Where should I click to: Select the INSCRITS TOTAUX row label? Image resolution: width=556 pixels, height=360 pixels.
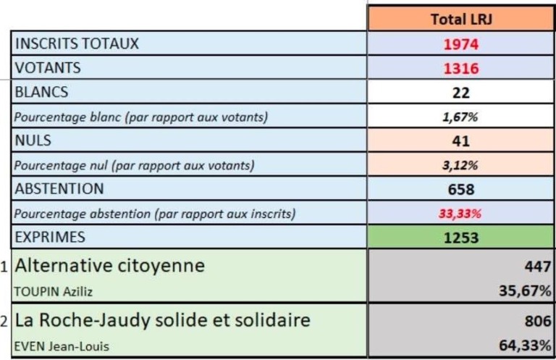(x=77, y=43)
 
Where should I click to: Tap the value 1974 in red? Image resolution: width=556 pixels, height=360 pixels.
(x=461, y=44)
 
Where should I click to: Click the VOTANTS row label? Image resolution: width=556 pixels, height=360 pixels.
(x=48, y=68)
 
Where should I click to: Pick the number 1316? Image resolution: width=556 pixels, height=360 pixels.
(x=461, y=69)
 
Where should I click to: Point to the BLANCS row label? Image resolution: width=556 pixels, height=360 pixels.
(x=42, y=93)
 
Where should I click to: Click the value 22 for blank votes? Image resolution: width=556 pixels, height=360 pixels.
(x=461, y=93)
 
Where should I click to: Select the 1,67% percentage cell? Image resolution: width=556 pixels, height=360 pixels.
(x=461, y=117)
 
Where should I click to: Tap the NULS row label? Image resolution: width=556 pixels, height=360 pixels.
(x=33, y=141)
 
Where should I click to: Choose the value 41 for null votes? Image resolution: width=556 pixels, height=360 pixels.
(x=461, y=141)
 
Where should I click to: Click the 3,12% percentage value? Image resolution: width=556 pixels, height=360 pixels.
(x=461, y=165)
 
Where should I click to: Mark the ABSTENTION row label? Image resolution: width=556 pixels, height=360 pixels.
(x=59, y=189)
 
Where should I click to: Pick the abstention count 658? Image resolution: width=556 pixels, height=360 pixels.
(x=461, y=190)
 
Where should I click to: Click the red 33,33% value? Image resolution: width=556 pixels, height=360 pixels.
(x=461, y=214)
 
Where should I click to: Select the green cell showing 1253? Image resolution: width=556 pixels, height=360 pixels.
(x=461, y=238)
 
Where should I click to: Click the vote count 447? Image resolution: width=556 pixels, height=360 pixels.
(x=537, y=267)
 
